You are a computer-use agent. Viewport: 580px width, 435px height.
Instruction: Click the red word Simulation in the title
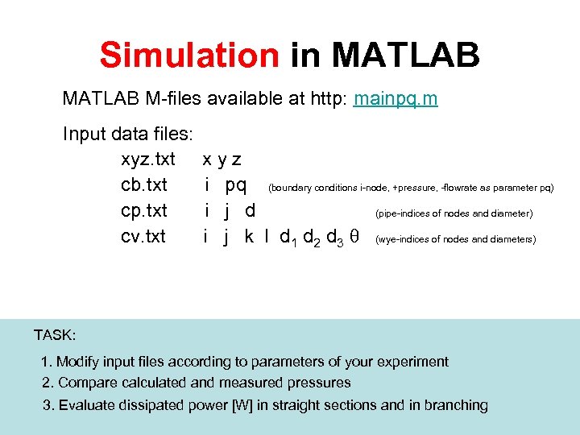point(188,56)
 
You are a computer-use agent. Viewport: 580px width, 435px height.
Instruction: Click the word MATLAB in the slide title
point(406,56)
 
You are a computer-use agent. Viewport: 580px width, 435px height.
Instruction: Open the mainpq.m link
point(396,100)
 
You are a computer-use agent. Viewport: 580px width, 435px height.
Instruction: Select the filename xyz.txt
point(147,159)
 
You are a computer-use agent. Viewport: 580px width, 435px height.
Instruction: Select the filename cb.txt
point(144,185)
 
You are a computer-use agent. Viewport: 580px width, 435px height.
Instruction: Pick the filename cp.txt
point(144,211)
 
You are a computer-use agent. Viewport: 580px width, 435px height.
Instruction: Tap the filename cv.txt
point(143,237)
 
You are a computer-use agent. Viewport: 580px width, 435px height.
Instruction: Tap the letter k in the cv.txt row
point(249,237)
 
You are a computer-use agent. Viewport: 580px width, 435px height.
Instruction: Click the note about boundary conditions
point(411,188)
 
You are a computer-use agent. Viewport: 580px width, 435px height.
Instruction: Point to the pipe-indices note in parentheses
point(454,213)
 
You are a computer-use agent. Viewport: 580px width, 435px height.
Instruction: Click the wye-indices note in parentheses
point(455,239)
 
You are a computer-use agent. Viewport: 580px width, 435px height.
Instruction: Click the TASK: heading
point(55,335)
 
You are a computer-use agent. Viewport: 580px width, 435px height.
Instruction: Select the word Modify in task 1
point(78,362)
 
